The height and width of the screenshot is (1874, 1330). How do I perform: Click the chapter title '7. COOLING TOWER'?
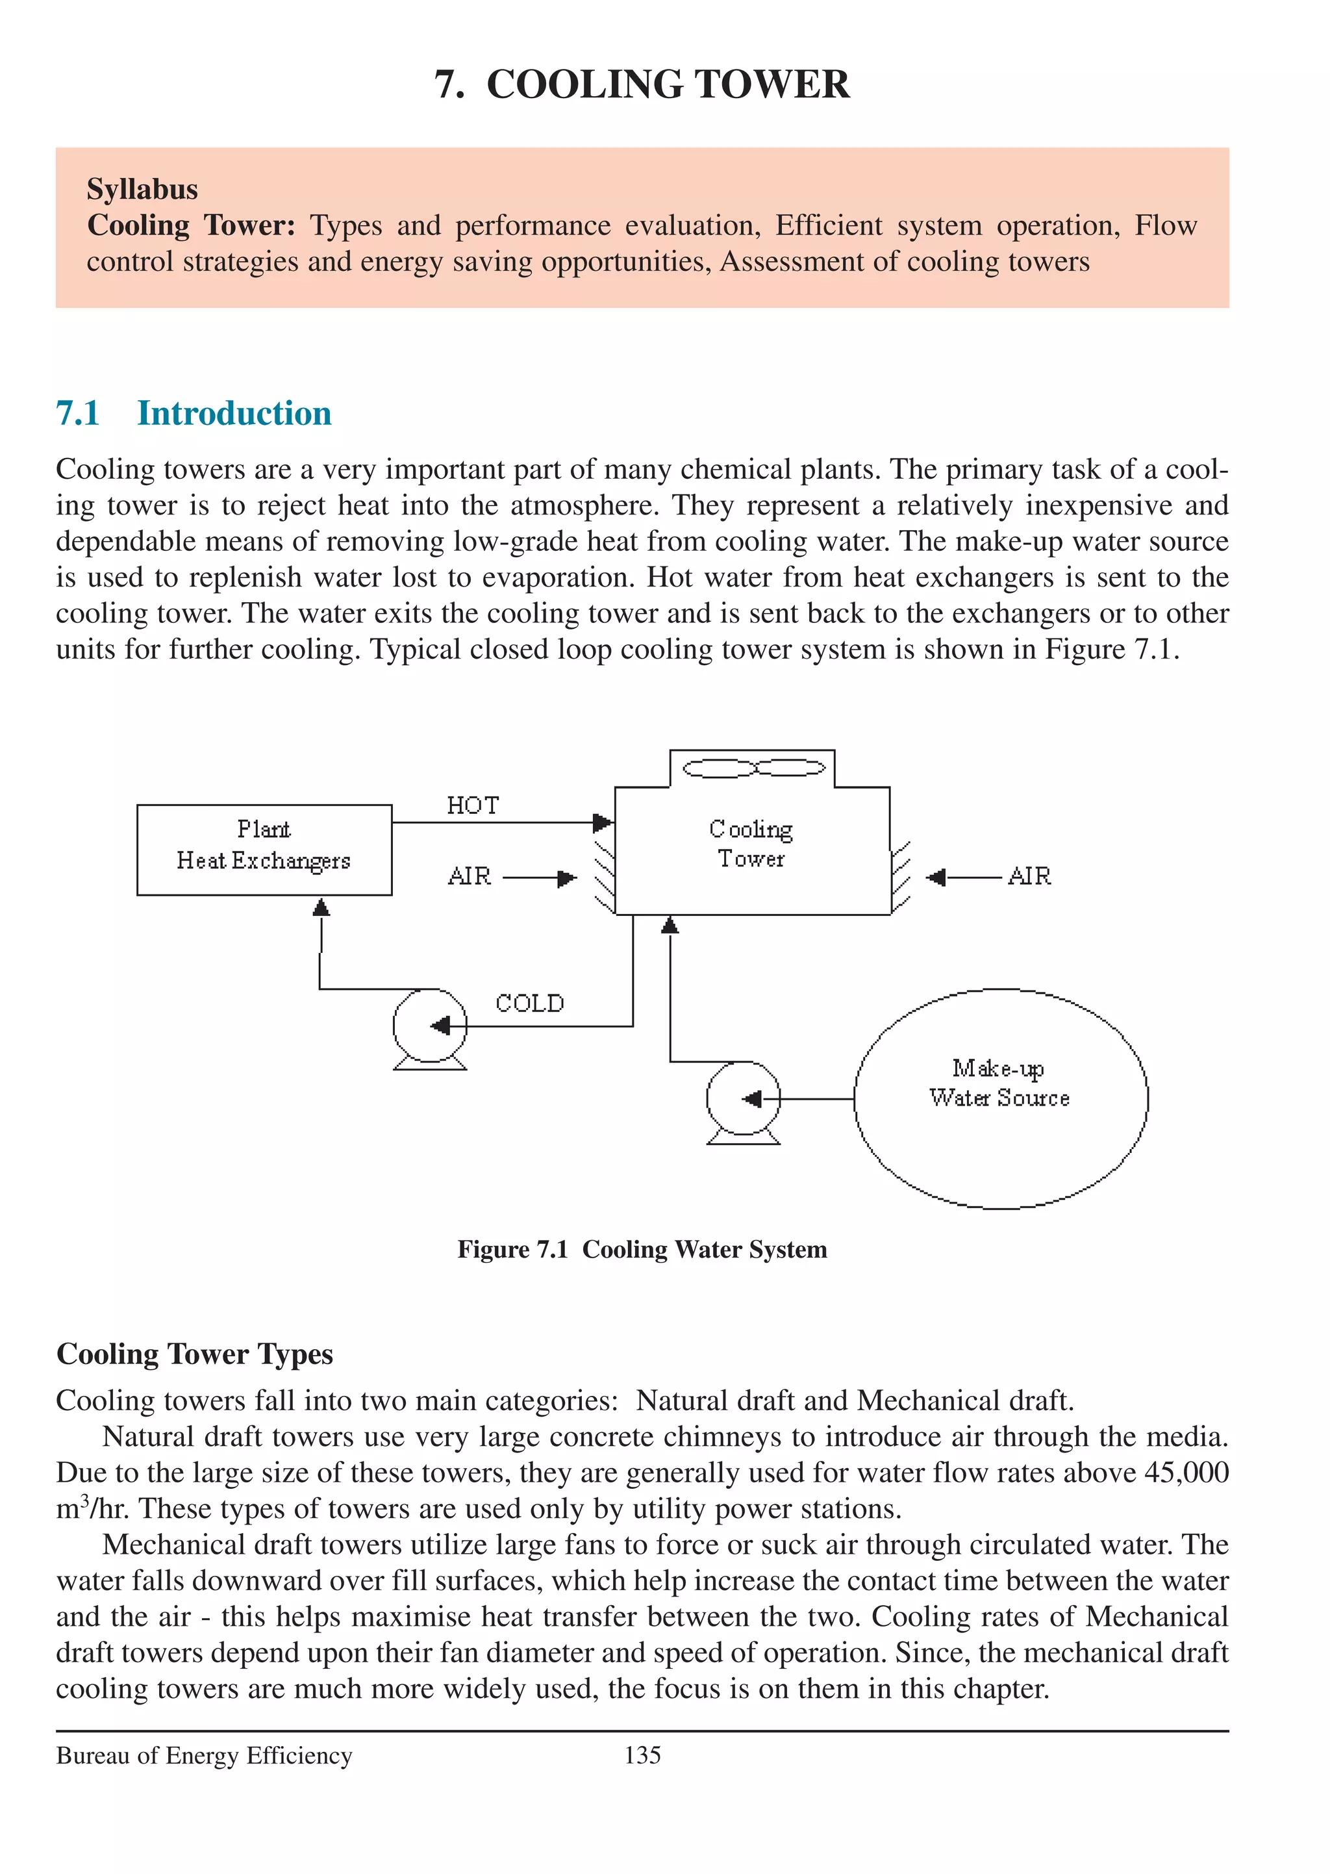click(x=642, y=84)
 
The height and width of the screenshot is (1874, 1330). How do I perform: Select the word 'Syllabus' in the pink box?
click(x=142, y=189)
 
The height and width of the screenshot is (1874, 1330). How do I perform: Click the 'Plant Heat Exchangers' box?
click(x=264, y=850)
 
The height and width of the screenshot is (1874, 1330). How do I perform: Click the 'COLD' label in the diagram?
click(x=529, y=1004)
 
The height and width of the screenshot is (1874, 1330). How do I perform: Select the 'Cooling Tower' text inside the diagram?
click(x=751, y=844)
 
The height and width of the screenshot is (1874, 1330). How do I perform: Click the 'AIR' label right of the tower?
click(x=1029, y=876)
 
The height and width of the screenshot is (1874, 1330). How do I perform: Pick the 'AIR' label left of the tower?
click(x=470, y=876)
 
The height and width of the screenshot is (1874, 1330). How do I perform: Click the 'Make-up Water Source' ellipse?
click(x=1000, y=1098)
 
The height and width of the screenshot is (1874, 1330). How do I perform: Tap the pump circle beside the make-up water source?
click(x=743, y=1098)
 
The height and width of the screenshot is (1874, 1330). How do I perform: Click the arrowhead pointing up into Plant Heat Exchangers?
click(x=321, y=907)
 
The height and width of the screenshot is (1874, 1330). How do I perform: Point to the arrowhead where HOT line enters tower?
click(x=603, y=822)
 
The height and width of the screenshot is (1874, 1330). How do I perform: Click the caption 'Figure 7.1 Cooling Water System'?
click(x=642, y=1249)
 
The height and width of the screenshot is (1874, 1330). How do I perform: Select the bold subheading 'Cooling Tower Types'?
click(x=195, y=1354)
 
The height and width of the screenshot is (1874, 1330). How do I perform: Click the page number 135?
click(x=642, y=1755)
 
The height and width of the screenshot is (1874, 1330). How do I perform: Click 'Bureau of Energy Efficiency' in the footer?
click(x=204, y=1755)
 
